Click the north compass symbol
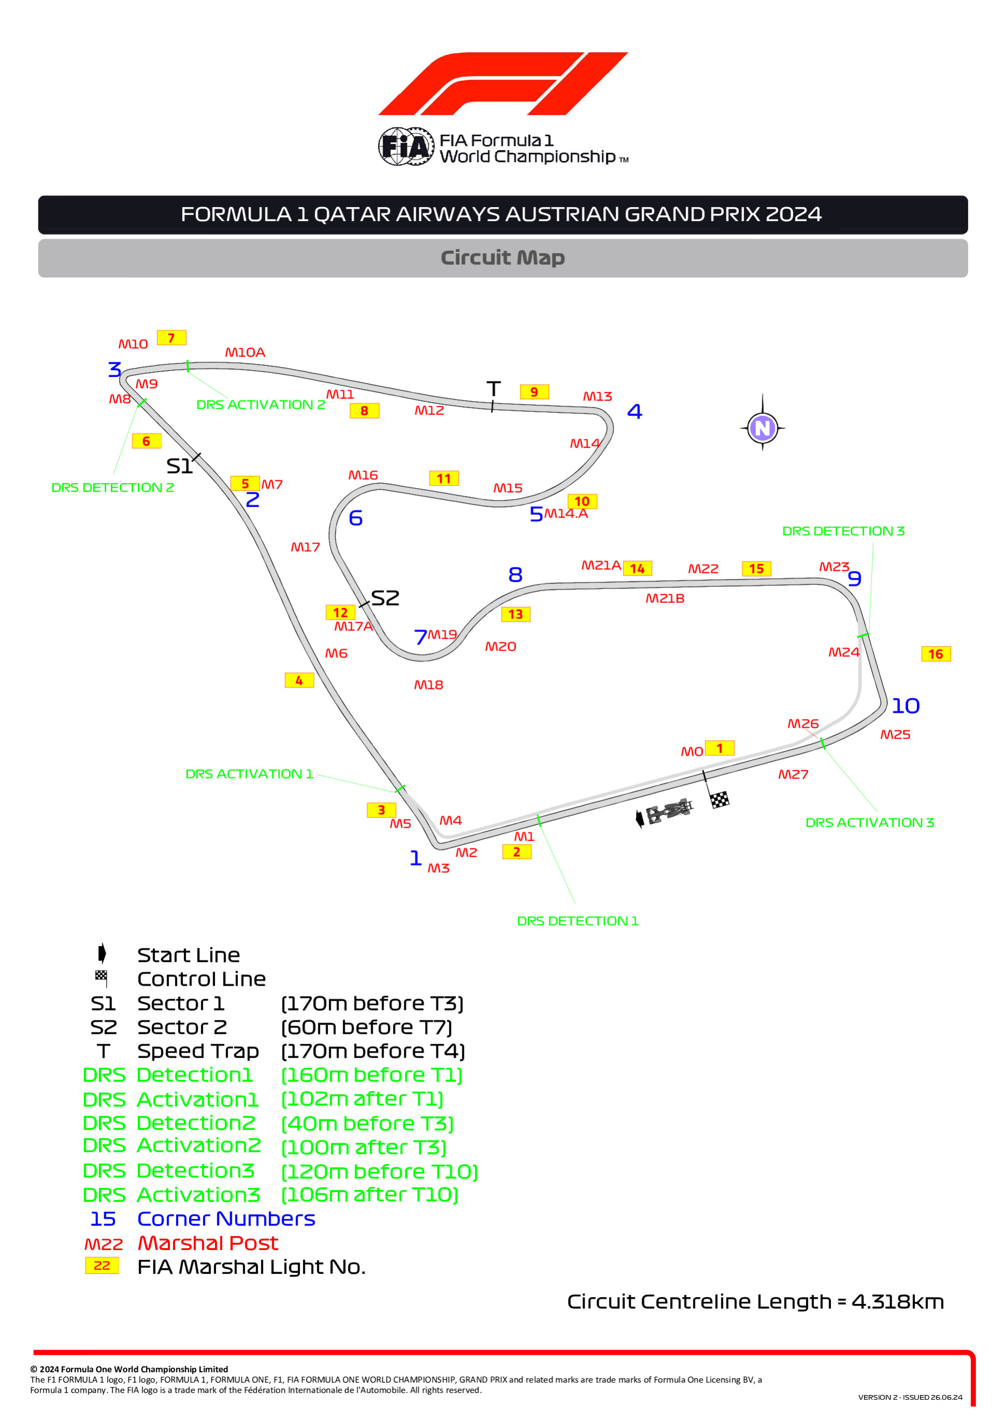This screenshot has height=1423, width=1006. coord(763,428)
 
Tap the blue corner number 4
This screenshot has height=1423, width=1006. coord(635,411)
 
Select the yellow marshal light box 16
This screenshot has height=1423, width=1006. coord(936,654)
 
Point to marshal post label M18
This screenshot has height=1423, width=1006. coord(428,685)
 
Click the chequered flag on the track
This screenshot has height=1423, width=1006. coord(720,800)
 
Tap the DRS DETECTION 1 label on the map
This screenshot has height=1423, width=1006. coord(578,921)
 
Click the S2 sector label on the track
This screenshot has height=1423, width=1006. coord(385,598)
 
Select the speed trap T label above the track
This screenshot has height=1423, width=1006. coord(493,389)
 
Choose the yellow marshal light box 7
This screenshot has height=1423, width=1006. coord(172,338)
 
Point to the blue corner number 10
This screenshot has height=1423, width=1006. coord(906,706)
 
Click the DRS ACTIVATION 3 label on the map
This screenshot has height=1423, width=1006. coord(870,823)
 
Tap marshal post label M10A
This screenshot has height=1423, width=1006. coord(245,353)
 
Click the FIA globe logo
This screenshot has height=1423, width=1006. coord(406,146)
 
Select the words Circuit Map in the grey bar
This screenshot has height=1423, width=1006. coord(503,258)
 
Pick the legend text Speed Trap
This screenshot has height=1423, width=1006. coord(198,1051)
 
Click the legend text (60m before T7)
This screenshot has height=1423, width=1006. coord(367,1028)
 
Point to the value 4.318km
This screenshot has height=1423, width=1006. coord(897,1301)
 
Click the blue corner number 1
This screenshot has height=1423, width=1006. coord(416,858)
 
